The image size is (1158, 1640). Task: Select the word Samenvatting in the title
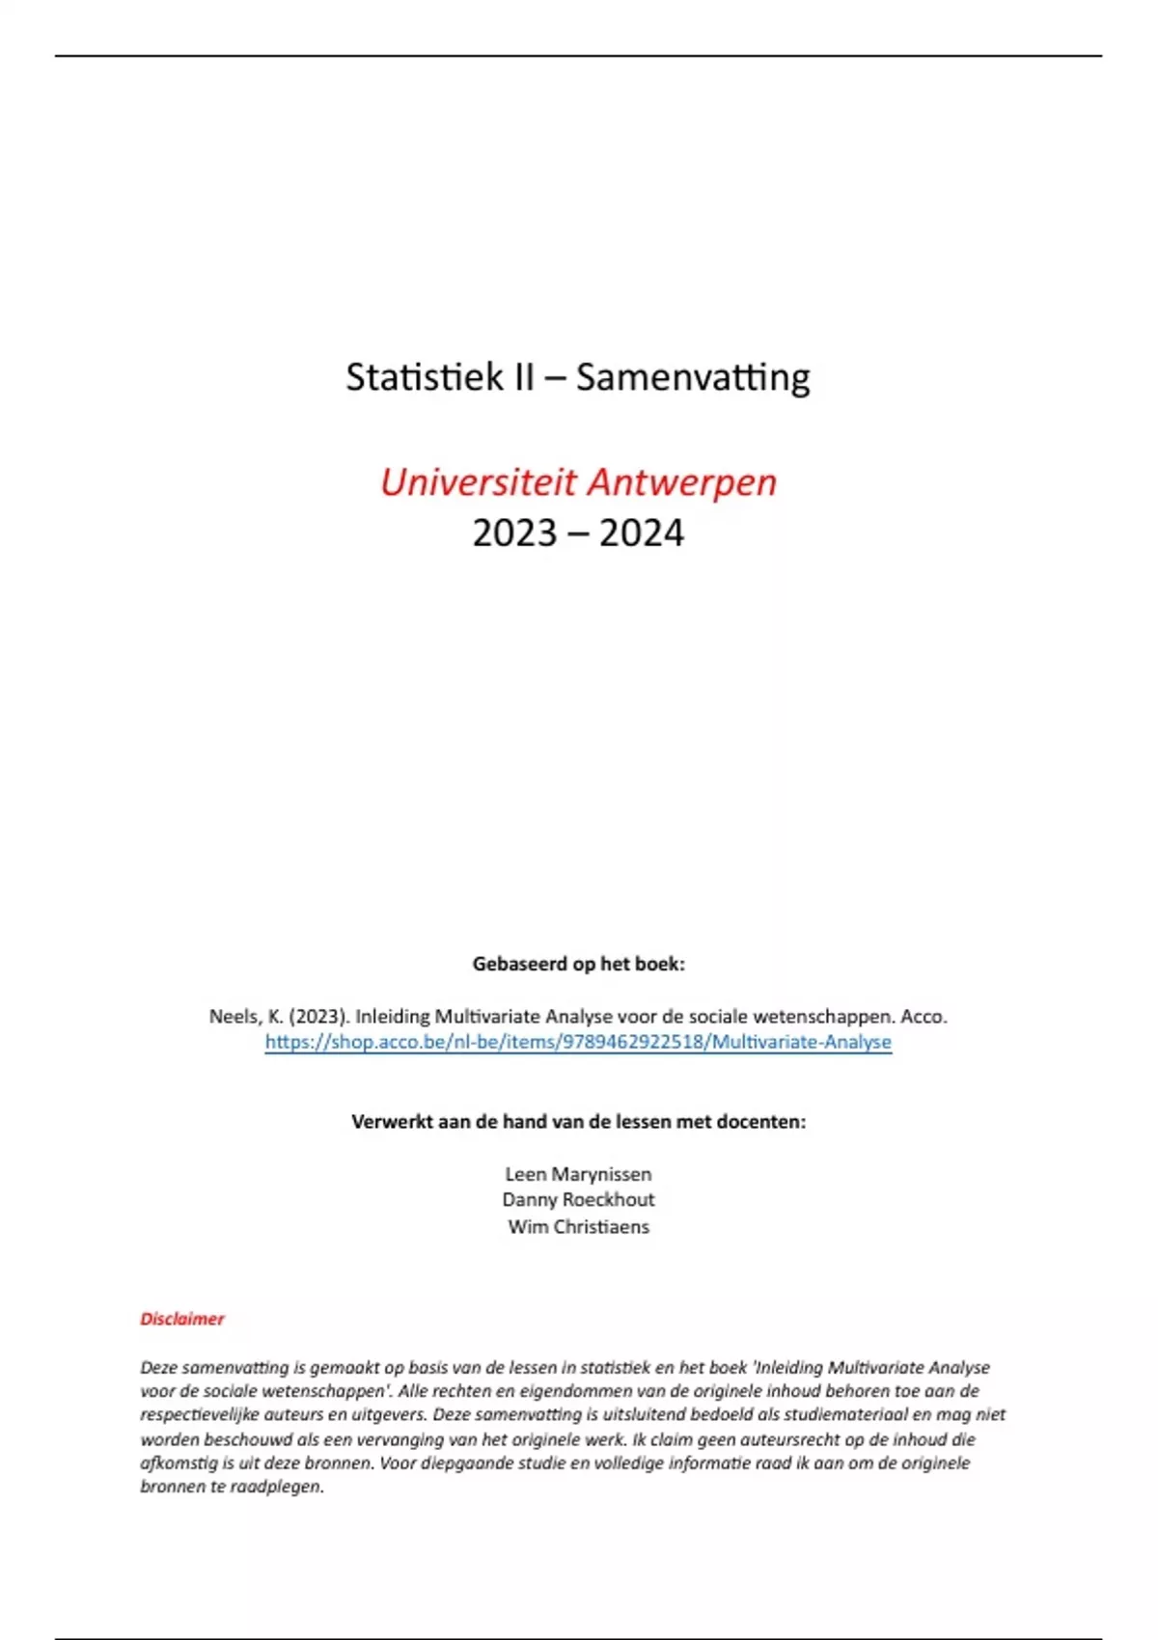coord(693,376)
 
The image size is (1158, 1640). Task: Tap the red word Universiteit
coord(478,481)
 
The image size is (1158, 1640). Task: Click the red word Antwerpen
coord(682,481)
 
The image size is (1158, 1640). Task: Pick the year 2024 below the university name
coord(642,533)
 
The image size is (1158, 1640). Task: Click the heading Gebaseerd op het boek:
coord(578,964)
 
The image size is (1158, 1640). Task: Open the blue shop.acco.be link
coord(578,1042)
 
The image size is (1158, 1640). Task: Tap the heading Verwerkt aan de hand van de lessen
coord(578,1122)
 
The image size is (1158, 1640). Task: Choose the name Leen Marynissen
coord(578,1174)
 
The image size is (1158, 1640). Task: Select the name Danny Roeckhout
coord(578,1200)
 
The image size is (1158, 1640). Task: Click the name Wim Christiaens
coord(578,1227)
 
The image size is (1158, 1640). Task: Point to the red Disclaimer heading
coord(182,1319)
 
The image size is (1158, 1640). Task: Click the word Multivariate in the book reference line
coord(488,1017)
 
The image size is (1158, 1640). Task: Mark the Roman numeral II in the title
coord(522,376)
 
